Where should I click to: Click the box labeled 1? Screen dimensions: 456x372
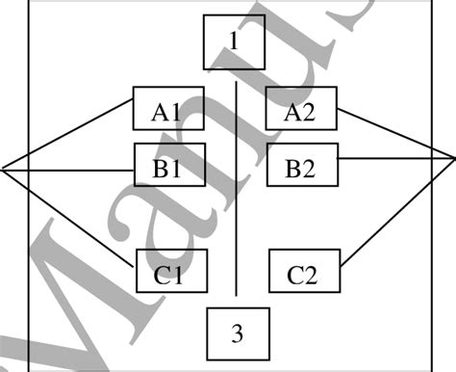(234, 41)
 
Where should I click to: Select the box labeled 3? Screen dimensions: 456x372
(238, 333)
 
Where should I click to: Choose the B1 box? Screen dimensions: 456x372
(168, 168)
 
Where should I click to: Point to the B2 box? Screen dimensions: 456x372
(302, 171)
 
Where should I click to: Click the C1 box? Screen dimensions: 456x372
(170, 275)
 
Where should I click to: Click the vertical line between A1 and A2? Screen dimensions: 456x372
(236, 193)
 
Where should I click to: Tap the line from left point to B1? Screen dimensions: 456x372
(67, 170)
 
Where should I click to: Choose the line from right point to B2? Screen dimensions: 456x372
(394, 158)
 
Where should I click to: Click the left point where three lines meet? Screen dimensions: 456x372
(3, 170)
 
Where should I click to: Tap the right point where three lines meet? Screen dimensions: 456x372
(453, 158)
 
